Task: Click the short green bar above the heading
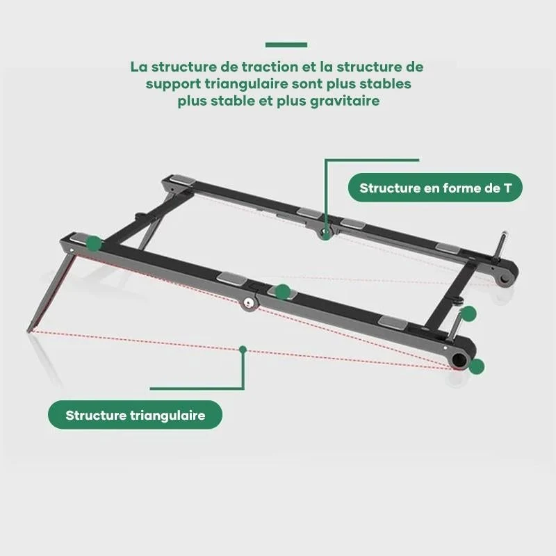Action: [286, 44]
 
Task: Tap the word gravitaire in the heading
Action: [345, 101]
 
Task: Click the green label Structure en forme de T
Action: [435, 188]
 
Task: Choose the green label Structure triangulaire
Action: [135, 415]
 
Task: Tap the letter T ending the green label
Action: [507, 188]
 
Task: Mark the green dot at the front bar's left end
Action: [94, 243]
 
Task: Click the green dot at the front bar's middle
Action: [283, 292]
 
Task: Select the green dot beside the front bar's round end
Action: [476, 366]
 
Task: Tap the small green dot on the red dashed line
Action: [243, 350]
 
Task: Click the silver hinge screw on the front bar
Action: [248, 302]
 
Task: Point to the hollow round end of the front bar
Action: [460, 359]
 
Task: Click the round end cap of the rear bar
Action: [505, 276]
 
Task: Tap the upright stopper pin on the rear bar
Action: [502, 244]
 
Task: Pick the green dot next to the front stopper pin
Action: [468, 314]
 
